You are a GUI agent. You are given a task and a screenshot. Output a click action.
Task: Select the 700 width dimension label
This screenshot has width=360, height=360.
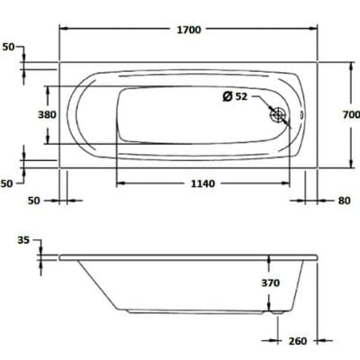[350, 114]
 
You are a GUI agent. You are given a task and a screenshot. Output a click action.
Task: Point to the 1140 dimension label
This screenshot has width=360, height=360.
[203, 184]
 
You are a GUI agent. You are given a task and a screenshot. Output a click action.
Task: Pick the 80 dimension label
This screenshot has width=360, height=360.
[343, 200]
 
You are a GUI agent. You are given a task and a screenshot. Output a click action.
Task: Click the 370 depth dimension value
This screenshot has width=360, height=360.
[271, 283]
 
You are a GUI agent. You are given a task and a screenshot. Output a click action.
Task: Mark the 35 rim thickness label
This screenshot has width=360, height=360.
[23, 240]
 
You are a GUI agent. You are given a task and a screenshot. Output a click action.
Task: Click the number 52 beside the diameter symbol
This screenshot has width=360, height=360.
[240, 96]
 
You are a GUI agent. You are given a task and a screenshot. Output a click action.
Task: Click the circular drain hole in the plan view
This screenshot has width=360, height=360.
[279, 114]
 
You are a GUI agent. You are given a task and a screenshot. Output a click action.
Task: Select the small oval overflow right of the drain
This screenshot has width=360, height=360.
[303, 114]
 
